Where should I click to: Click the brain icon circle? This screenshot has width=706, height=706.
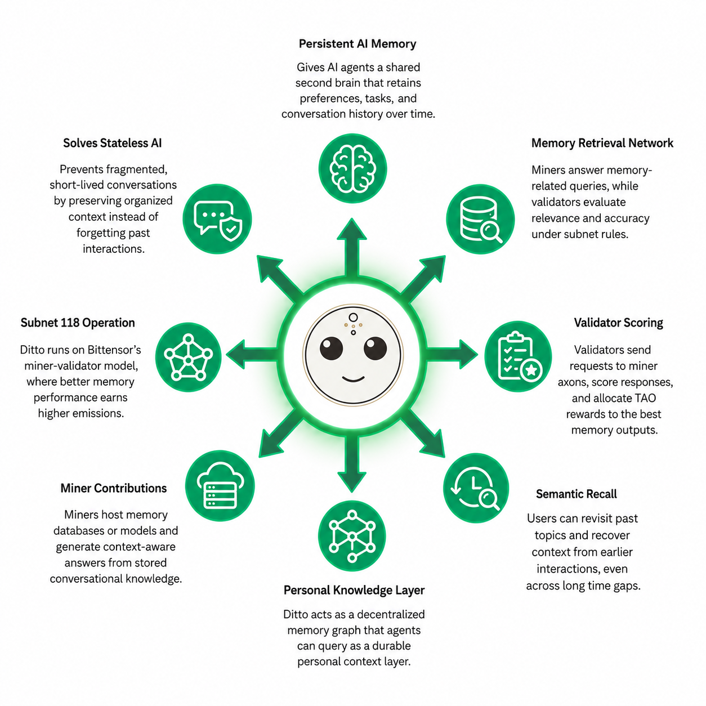352,168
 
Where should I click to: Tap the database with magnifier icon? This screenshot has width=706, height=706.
480,218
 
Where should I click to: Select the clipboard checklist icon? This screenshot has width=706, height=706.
518,356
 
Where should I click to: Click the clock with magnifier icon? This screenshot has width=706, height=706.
476,488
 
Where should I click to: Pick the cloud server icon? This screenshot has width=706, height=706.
220,485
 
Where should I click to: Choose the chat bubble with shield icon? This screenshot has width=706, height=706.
217,218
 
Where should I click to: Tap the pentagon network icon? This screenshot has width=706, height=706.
188,357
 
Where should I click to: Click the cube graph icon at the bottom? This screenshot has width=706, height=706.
352,535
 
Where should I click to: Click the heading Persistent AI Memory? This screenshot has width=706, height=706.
357,43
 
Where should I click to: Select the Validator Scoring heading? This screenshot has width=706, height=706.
618,323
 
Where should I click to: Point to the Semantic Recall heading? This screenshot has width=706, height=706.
577,494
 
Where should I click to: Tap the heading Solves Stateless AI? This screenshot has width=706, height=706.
112,143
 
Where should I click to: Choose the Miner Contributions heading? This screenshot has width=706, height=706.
114,488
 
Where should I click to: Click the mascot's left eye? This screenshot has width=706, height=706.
331,348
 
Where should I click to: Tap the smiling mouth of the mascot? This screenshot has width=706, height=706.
353,379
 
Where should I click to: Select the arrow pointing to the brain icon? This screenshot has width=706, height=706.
352,247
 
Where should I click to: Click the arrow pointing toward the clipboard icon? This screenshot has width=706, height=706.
452,354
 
